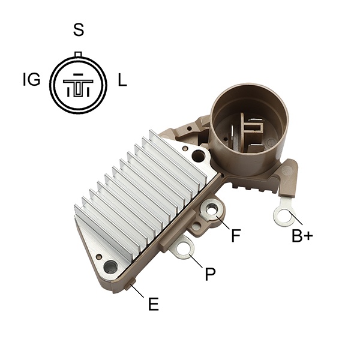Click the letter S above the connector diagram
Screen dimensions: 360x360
[x=79, y=29]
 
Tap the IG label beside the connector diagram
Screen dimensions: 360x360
[x=32, y=80]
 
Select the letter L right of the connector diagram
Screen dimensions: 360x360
[x=122, y=80]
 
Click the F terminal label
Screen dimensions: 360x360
[x=236, y=235]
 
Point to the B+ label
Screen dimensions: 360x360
[x=302, y=236]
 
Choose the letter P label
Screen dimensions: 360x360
[x=211, y=274]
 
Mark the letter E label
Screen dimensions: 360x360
[x=154, y=304]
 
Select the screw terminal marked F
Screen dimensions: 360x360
[x=212, y=210]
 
